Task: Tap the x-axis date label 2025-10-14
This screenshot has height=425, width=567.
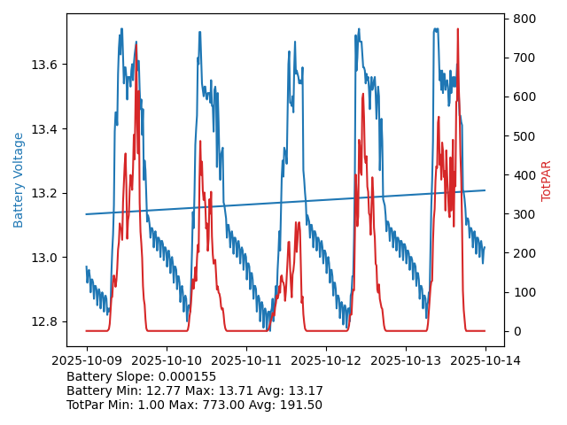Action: pos(485,360)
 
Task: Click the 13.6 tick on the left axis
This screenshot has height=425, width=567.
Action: pos(45,66)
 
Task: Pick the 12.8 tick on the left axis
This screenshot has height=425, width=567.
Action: pos(45,321)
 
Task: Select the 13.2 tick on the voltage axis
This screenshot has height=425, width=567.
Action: pos(45,194)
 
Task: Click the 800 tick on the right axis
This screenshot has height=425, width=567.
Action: pos(524,19)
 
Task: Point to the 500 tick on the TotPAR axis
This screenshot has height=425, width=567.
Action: pos(524,135)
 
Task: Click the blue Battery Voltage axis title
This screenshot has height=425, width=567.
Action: pos(19,180)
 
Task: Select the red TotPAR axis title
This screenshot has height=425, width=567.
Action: pos(547,181)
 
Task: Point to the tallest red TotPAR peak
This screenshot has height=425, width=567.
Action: pos(457,29)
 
